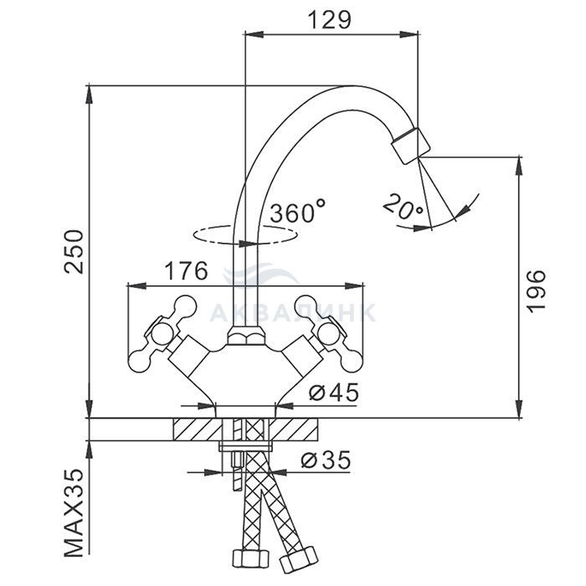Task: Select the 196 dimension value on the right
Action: (536, 290)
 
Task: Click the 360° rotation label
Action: (297, 212)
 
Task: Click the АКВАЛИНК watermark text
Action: (293, 311)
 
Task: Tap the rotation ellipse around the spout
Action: (204, 238)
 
